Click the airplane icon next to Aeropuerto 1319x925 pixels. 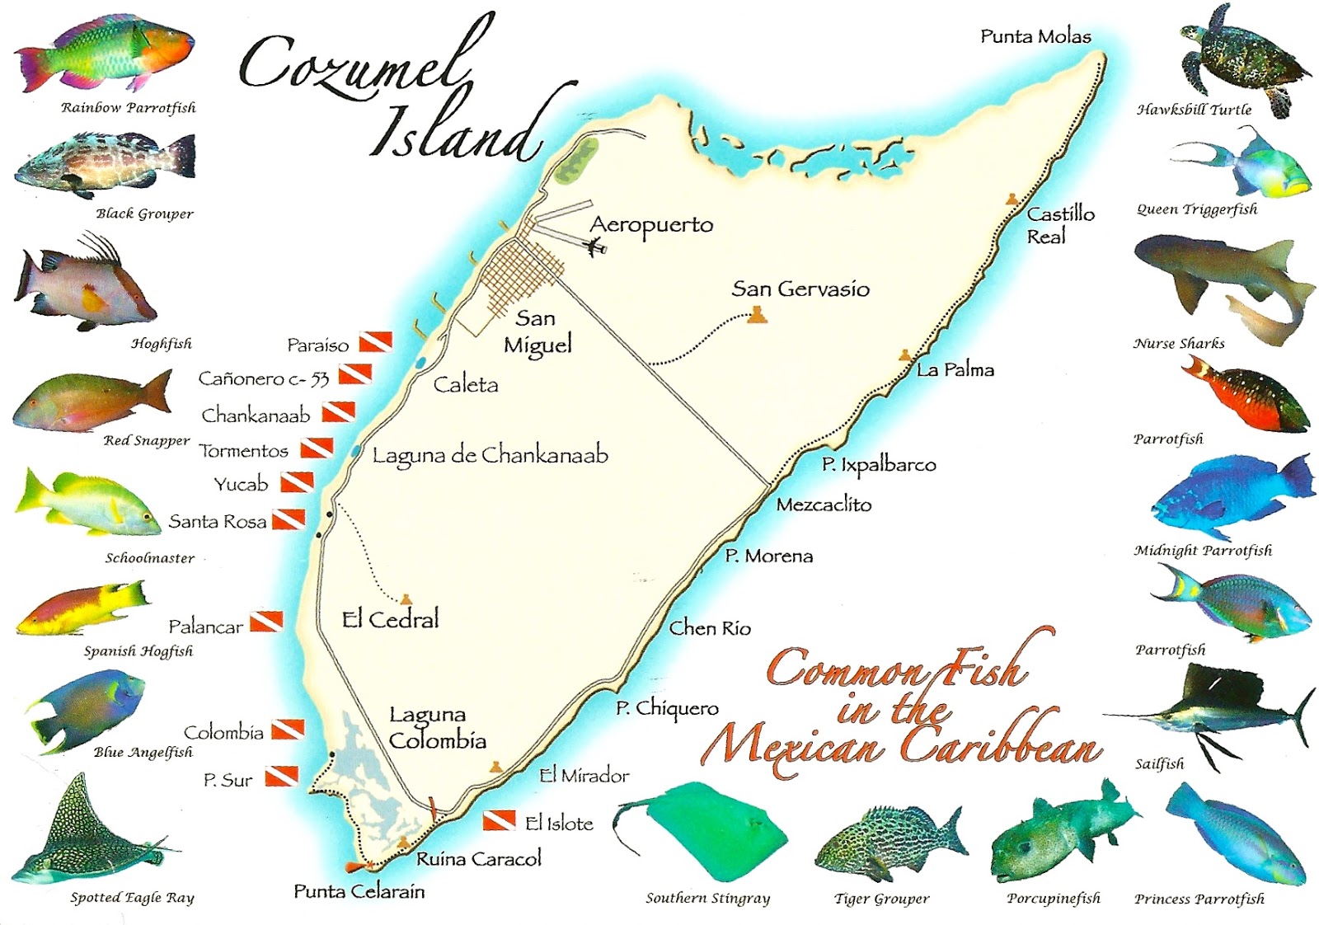[x=594, y=246]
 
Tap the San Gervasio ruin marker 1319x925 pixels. [x=757, y=315]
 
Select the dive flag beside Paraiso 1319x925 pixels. [x=375, y=341]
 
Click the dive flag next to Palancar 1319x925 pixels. [x=266, y=622]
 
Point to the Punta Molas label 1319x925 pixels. [x=1035, y=36]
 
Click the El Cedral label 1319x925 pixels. [x=390, y=619]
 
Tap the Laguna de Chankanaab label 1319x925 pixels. [x=490, y=455]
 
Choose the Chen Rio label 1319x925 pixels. [x=709, y=628]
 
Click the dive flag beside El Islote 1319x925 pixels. [x=499, y=820]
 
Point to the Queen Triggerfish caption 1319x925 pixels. [x=1197, y=209]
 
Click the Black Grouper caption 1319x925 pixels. [x=144, y=214]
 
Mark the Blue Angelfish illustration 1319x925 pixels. [x=87, y=709]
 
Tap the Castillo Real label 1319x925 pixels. [x=1059, y=225]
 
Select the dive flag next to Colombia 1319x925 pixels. [x=288, y=730]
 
